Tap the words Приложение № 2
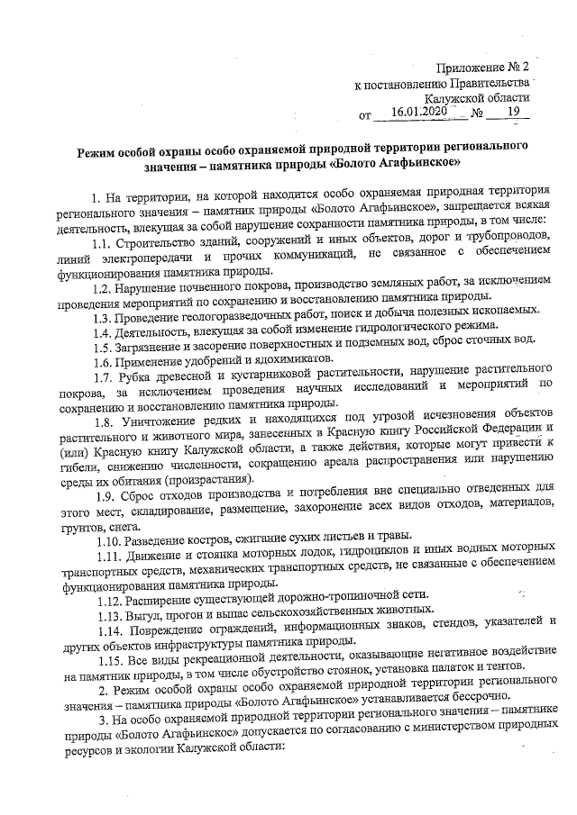(483, 68)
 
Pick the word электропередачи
(149, 259)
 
